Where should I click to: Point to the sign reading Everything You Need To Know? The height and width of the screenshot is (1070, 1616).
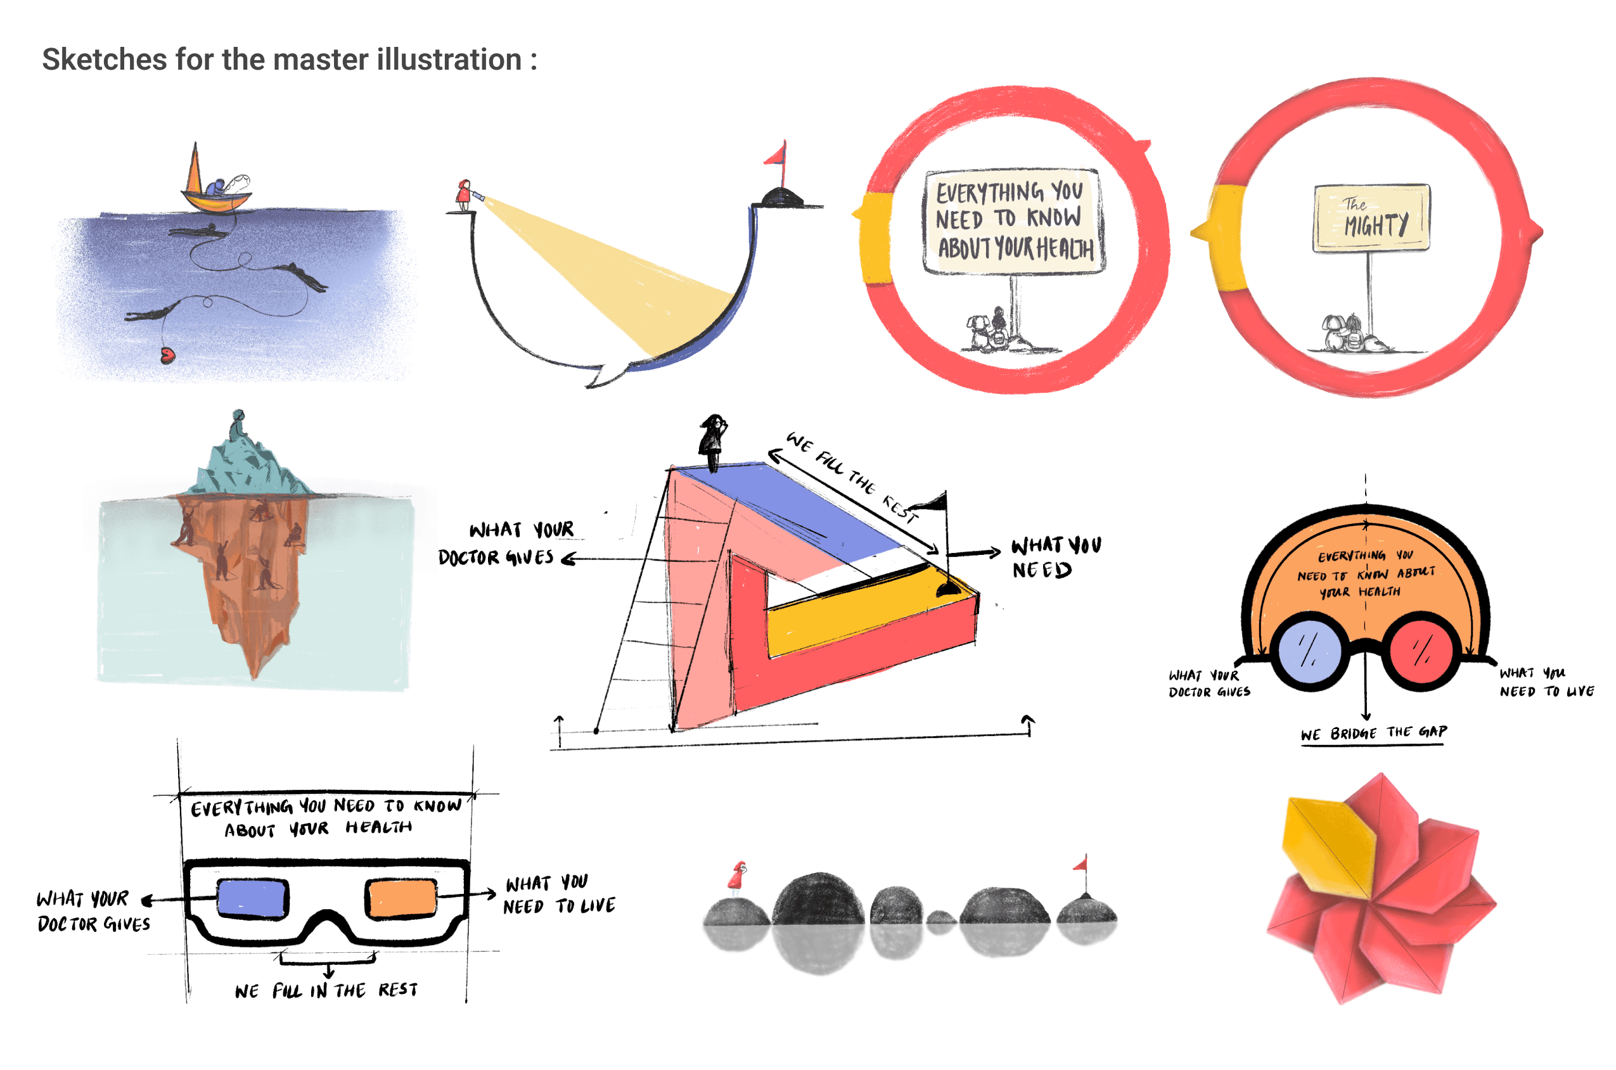1013,220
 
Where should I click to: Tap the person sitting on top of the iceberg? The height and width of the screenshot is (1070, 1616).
238,426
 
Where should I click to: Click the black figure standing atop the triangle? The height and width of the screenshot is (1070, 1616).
712,440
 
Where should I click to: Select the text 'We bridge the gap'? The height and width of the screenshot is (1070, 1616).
1373,733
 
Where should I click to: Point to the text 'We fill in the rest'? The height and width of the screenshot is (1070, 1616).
326,990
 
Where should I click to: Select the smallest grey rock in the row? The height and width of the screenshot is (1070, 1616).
941,918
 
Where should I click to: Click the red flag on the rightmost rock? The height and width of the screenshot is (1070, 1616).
1081,865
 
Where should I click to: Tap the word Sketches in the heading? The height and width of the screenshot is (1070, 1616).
105,60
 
